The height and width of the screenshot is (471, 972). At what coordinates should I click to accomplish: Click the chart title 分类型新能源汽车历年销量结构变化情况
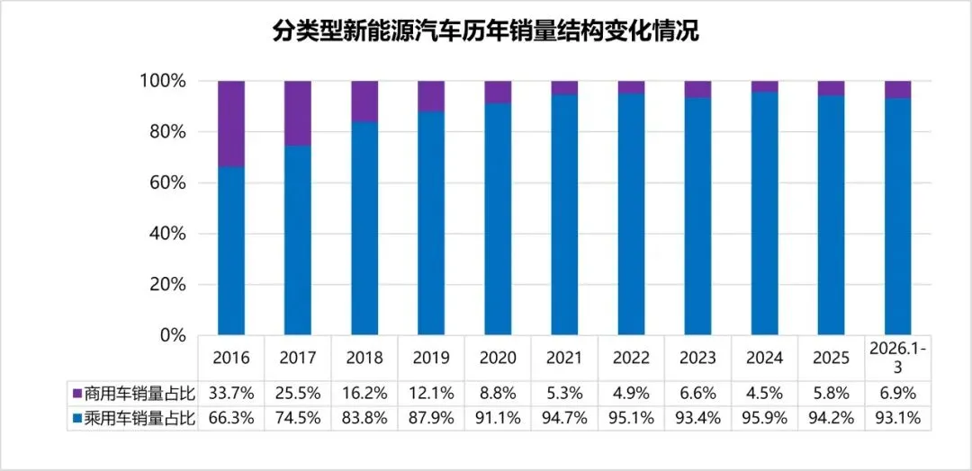486,32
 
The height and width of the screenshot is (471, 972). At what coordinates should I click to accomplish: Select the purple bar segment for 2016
231,123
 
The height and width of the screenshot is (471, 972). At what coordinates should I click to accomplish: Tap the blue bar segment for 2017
298,240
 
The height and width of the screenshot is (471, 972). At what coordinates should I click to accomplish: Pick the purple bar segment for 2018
364,101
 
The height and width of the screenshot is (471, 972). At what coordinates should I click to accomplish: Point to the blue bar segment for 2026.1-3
897,216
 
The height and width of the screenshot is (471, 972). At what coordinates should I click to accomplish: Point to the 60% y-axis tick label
166,183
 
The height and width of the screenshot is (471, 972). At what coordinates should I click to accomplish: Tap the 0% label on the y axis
172,335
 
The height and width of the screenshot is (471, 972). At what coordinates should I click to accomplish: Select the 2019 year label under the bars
431,358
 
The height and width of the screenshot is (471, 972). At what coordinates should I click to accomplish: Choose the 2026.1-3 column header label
897,357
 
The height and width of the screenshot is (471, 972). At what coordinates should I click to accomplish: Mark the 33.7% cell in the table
231,394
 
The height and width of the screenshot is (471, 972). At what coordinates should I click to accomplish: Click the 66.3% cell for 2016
231,418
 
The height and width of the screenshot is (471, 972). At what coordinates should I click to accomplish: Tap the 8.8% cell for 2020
498,394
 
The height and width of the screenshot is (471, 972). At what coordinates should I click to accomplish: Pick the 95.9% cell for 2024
764,418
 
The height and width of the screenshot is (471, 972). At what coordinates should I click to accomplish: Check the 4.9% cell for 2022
631,394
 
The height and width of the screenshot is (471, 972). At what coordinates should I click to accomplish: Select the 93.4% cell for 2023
697,418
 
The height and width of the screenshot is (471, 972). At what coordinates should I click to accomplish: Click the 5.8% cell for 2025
831,394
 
